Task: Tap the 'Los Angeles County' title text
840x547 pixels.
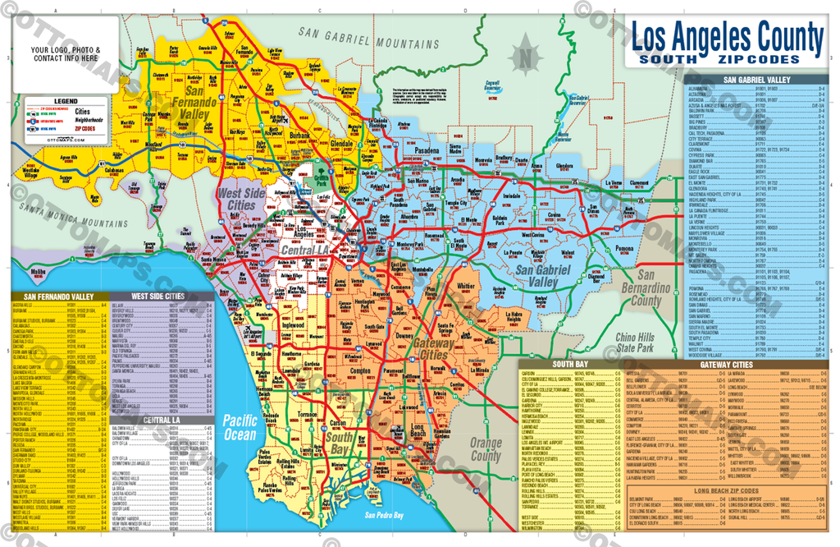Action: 726,37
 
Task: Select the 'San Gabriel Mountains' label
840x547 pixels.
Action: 369,37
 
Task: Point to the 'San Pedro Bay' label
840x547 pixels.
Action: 384,515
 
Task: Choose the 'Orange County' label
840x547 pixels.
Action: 486,449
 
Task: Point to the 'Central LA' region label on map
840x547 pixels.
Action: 305,249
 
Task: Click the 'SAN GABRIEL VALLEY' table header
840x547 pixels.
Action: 756,80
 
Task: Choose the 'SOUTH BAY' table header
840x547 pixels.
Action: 568,363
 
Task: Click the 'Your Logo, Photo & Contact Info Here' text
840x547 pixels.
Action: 66,54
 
